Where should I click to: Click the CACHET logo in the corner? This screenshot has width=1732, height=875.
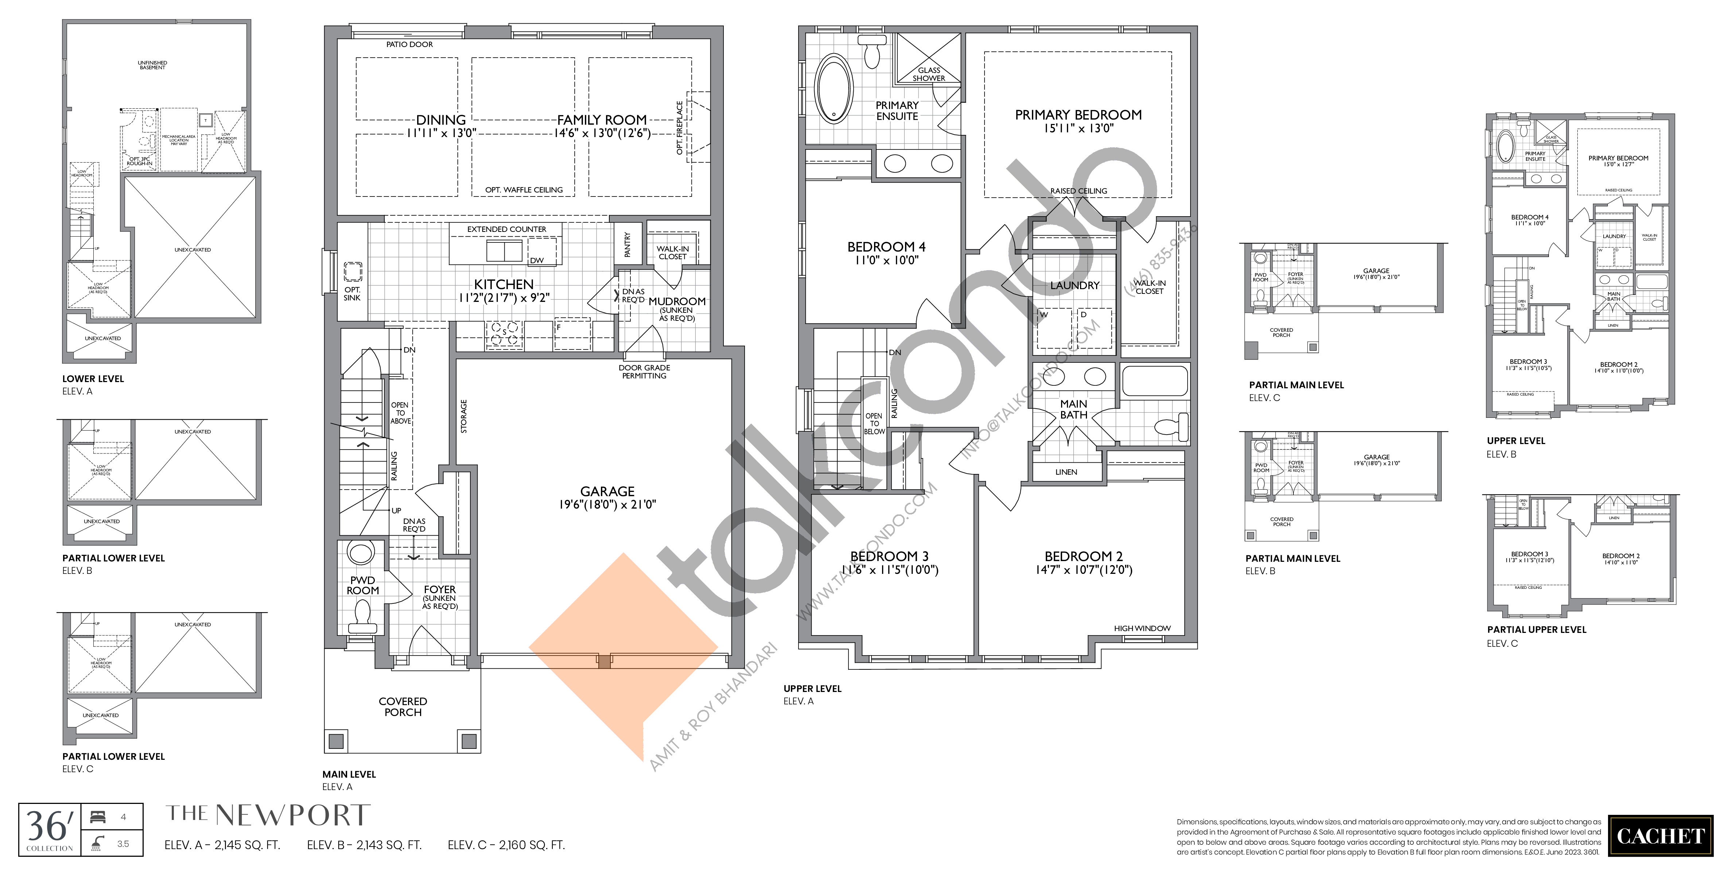(1660, 836)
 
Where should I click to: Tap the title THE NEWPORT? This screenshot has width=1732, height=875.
(268, 815)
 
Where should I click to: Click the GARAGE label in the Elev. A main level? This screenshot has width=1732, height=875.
(607, 491)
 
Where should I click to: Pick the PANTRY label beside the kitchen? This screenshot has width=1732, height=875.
(627, 245)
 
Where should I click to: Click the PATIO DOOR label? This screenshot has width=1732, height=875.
(409, 44)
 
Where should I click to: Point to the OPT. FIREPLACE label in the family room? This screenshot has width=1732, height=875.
(680, 128)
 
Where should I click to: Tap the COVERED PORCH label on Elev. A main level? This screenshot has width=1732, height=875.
(403, 706)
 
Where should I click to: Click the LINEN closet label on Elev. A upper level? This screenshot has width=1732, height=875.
(1066, 472)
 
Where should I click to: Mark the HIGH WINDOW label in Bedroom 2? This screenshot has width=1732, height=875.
(1142, 629)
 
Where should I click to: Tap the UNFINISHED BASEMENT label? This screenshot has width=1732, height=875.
(153, 65)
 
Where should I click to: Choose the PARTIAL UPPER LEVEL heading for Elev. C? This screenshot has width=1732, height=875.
(1536, 630)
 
